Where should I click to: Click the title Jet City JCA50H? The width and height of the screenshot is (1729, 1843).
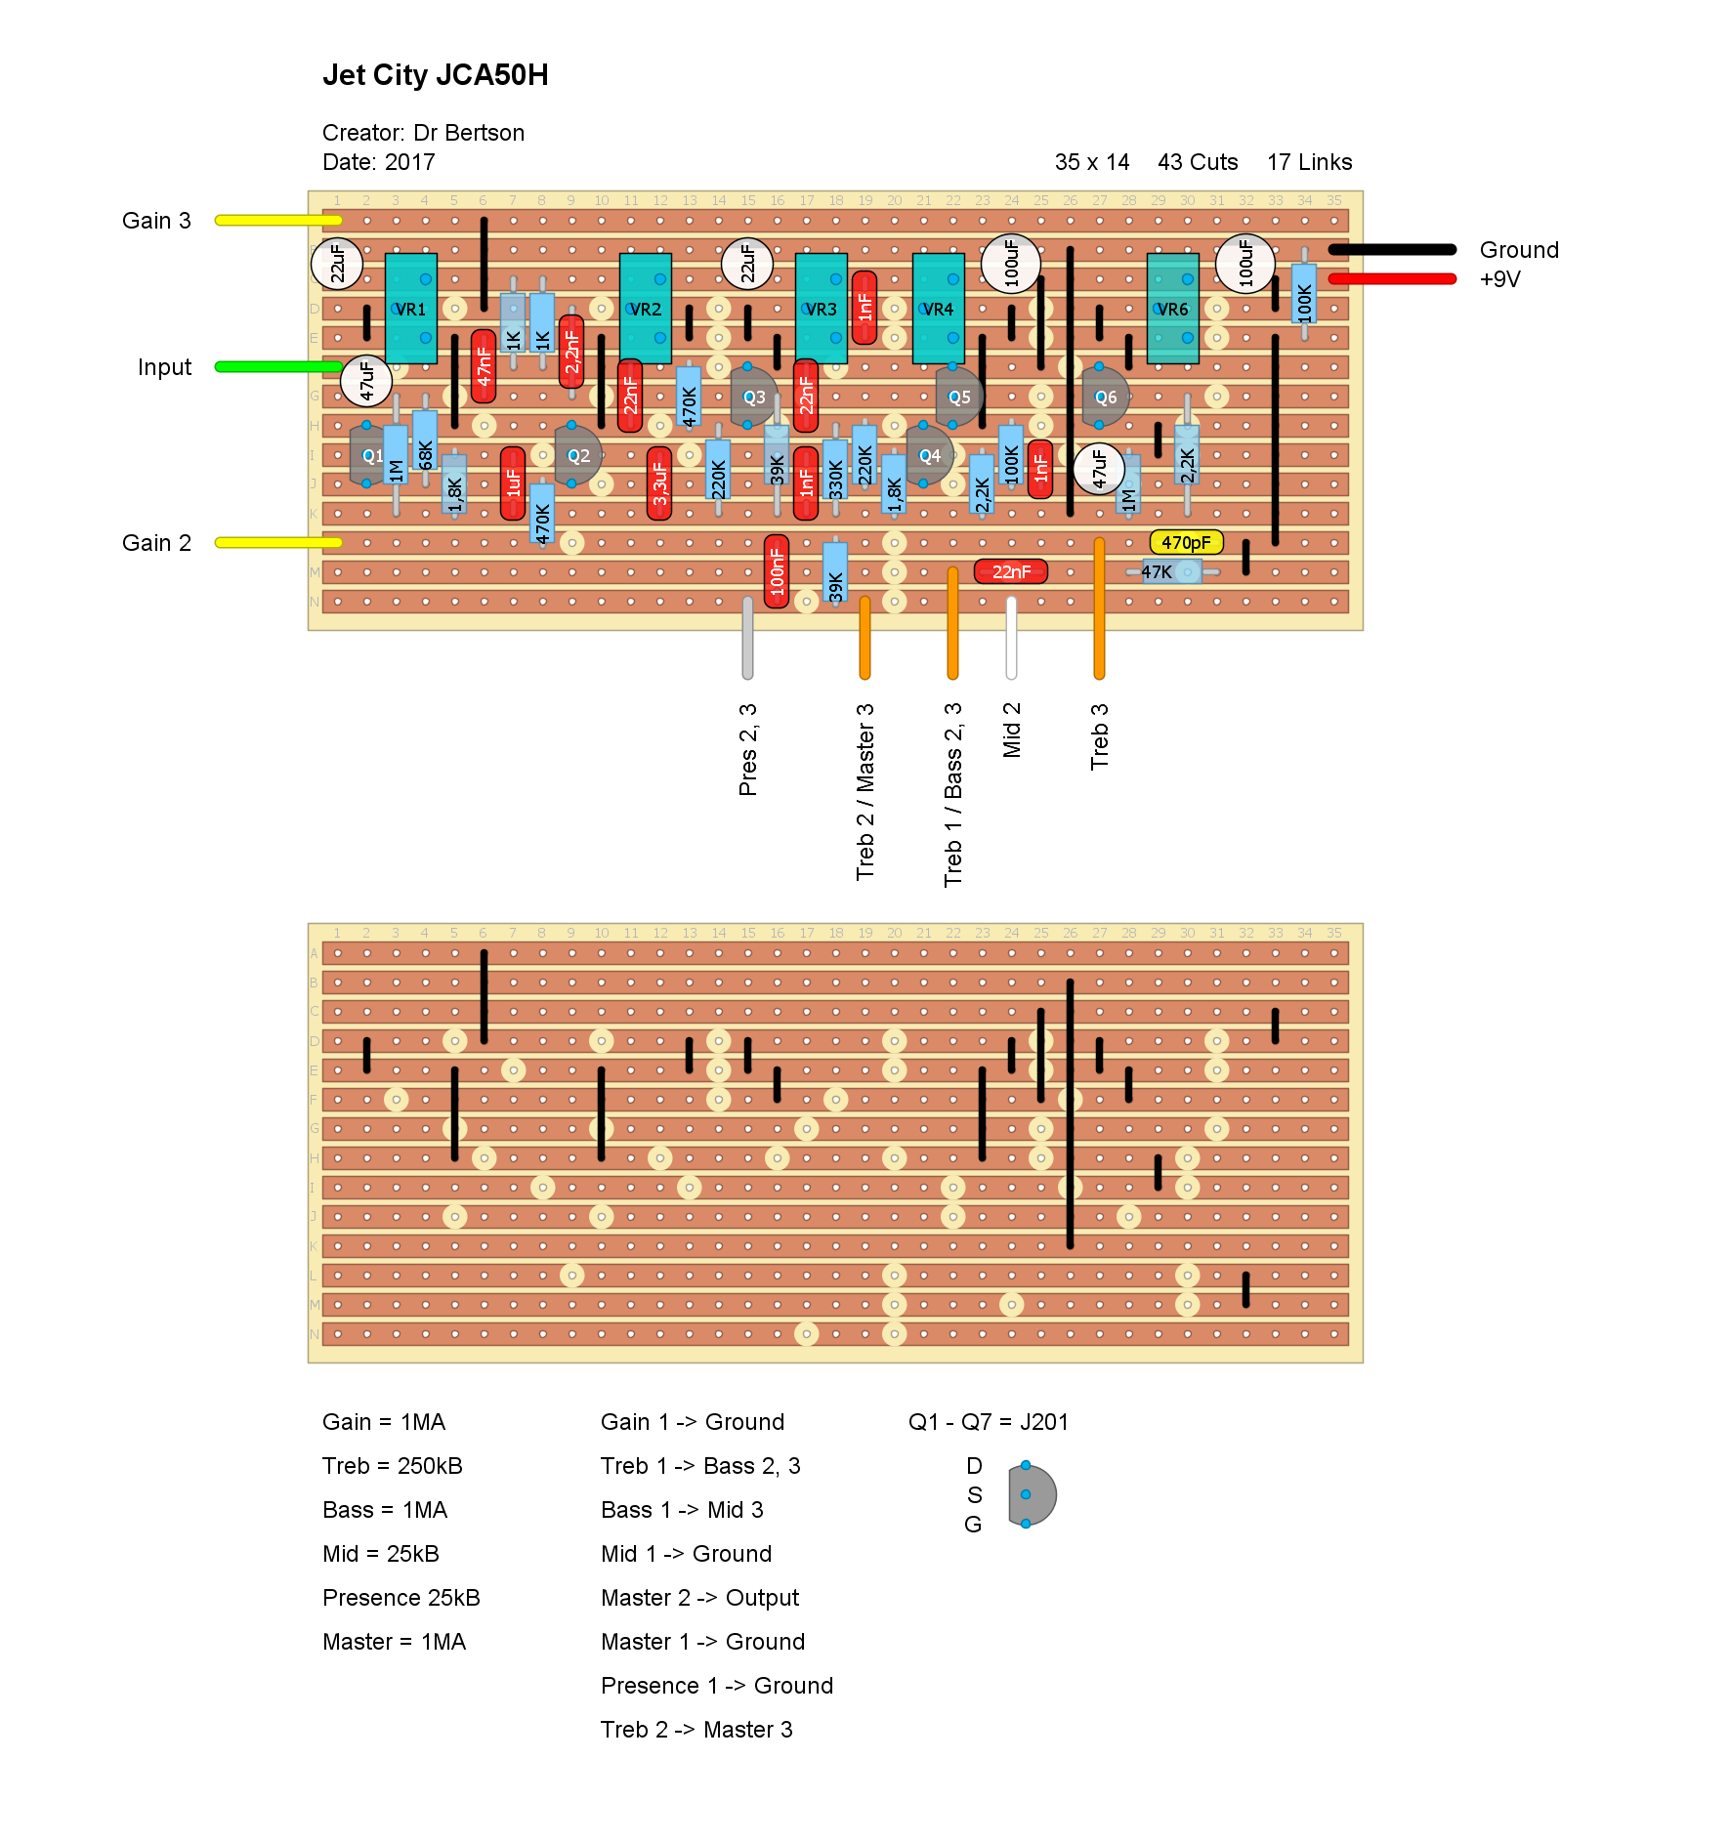435,75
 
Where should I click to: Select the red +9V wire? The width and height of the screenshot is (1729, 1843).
1392,279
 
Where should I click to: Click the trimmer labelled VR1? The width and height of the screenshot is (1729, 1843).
410,309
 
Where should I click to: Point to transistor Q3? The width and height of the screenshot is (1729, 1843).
753,397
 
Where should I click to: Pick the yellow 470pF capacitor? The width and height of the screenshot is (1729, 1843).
1186,542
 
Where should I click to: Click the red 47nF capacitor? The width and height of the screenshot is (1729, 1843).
484,366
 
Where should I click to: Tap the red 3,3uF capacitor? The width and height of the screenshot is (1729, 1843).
659,483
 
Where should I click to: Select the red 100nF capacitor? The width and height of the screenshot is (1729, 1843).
777,571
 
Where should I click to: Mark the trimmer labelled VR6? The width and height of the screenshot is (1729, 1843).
1172,309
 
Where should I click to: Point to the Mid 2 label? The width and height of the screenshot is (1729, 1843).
1012,730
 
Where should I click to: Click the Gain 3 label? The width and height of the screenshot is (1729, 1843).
156,221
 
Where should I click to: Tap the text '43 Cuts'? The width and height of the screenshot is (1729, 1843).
1198,162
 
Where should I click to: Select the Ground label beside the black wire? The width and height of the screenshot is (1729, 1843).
1519,250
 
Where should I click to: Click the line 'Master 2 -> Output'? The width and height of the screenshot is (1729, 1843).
699,1598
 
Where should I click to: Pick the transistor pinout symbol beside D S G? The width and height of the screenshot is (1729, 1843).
1032,1494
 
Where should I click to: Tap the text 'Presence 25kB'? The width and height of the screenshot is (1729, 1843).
401,1598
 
